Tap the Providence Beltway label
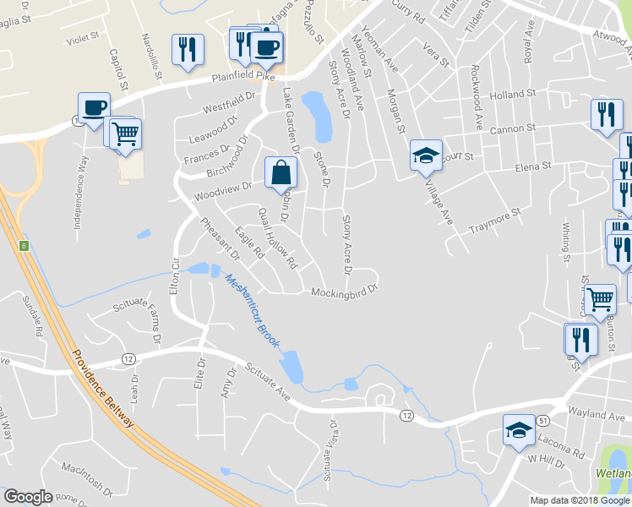click(x=104, y=390)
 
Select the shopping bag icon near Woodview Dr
click(x=281, y=172)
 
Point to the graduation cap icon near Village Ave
click(x=427, y=155)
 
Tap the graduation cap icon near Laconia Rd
click(x=519, y=430)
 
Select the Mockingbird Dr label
click(x=343, y=293)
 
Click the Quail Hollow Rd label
click(x=278, y=239)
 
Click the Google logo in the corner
click(x=27, y=497)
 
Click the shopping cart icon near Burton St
click(x=600, y=298)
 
